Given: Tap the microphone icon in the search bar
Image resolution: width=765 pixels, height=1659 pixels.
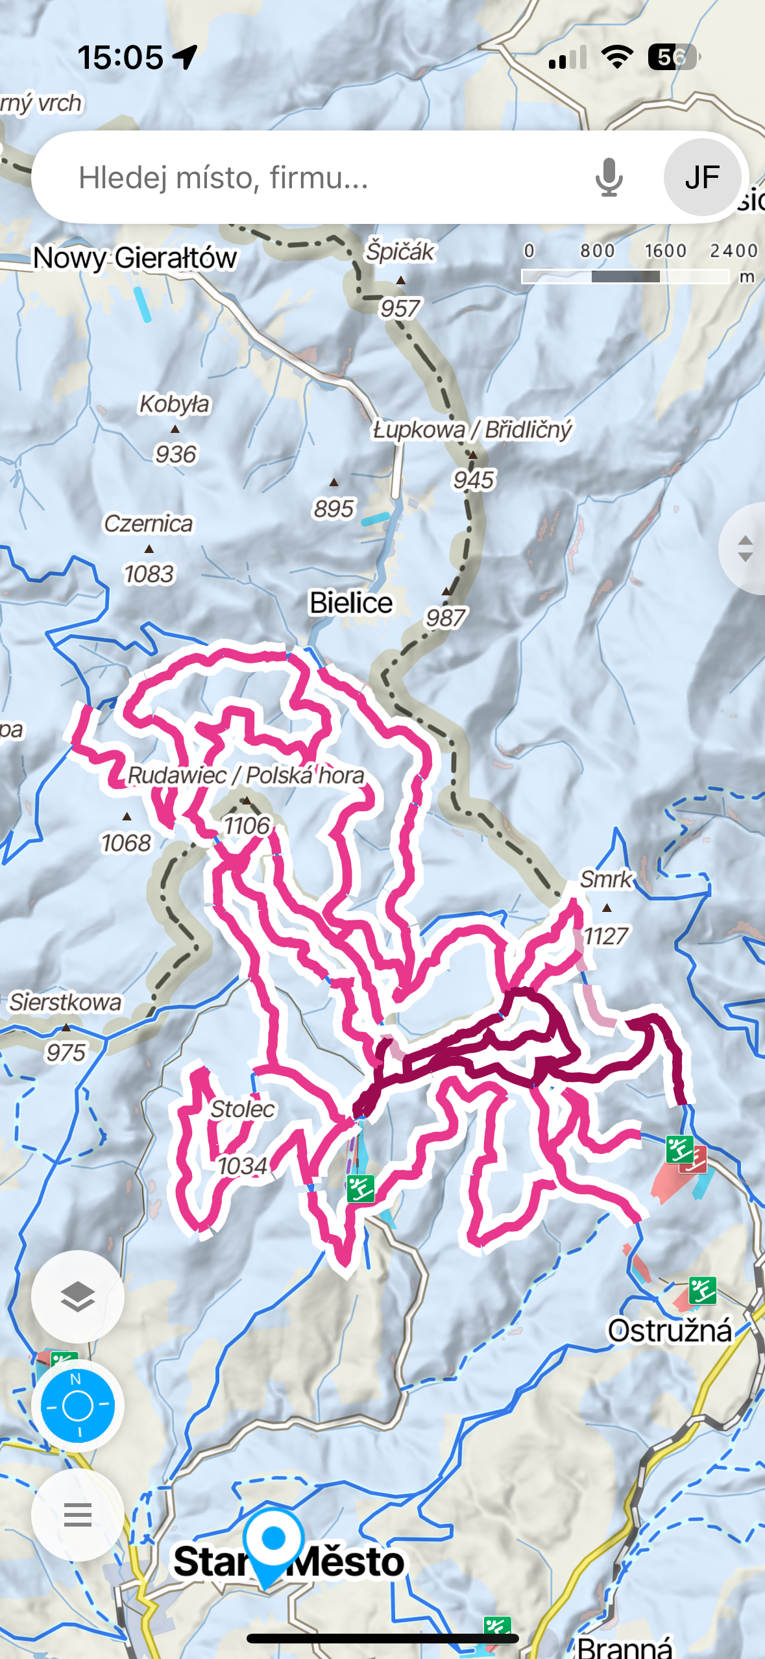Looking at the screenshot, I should [609, 177].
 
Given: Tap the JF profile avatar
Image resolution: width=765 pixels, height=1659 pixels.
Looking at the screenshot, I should [702, 177].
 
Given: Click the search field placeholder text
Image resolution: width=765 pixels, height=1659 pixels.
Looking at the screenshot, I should [223, 177].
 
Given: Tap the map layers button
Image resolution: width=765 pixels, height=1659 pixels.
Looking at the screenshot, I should [78, 1297].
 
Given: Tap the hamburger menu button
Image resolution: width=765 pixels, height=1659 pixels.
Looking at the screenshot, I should [78, 1515].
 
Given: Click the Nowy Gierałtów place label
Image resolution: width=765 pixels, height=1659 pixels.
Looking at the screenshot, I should [135, 258].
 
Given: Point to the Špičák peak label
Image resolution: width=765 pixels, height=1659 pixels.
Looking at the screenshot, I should [400, 251].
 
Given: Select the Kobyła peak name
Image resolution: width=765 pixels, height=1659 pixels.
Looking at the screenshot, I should [175, 404].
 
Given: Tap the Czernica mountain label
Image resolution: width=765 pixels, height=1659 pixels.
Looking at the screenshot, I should [149, 523].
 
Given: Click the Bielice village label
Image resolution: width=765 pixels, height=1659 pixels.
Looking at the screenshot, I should [351, 602].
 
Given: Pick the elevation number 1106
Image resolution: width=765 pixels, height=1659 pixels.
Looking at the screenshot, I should [247, 826].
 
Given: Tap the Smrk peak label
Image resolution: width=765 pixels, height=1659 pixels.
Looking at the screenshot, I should [606, 879].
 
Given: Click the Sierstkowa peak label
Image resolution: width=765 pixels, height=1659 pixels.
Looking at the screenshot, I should [66, 1002].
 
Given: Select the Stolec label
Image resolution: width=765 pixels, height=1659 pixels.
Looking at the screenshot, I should [243, 1109].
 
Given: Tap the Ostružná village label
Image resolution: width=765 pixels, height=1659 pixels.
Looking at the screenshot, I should [670, 1331].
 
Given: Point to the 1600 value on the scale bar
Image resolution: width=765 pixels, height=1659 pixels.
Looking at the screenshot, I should [665, 251].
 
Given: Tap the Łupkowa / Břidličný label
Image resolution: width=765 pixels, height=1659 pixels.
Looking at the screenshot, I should [472, 429].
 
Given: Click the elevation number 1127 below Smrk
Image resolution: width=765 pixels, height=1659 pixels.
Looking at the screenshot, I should [606, 936].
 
